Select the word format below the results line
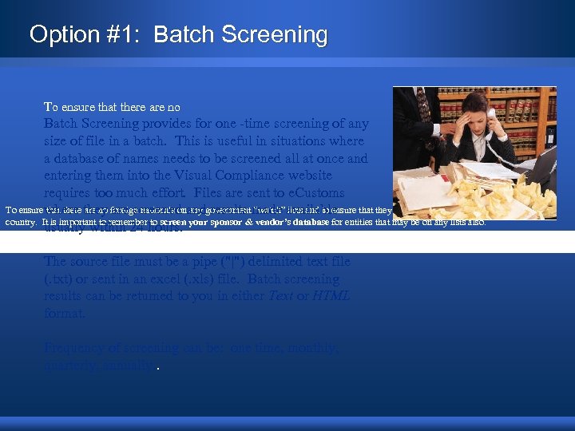65,313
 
